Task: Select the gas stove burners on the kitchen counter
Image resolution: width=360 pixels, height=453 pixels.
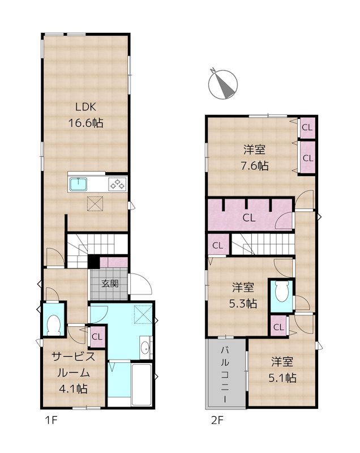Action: point(117,184)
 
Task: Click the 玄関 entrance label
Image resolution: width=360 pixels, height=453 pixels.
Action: point(109,283)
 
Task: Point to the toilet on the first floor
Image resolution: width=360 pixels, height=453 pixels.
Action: point(54,325)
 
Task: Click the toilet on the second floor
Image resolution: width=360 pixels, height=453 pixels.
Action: point(281,294)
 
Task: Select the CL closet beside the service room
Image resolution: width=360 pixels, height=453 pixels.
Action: point(96,336)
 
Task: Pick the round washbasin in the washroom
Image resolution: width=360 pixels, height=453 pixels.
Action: point(145,348)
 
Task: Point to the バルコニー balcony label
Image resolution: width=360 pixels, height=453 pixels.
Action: point(225,374)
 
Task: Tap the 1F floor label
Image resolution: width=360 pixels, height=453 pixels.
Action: point(52,420)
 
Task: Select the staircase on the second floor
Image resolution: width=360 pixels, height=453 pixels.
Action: point(263,245)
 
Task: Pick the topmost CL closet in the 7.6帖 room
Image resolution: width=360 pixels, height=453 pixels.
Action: point(307,127)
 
